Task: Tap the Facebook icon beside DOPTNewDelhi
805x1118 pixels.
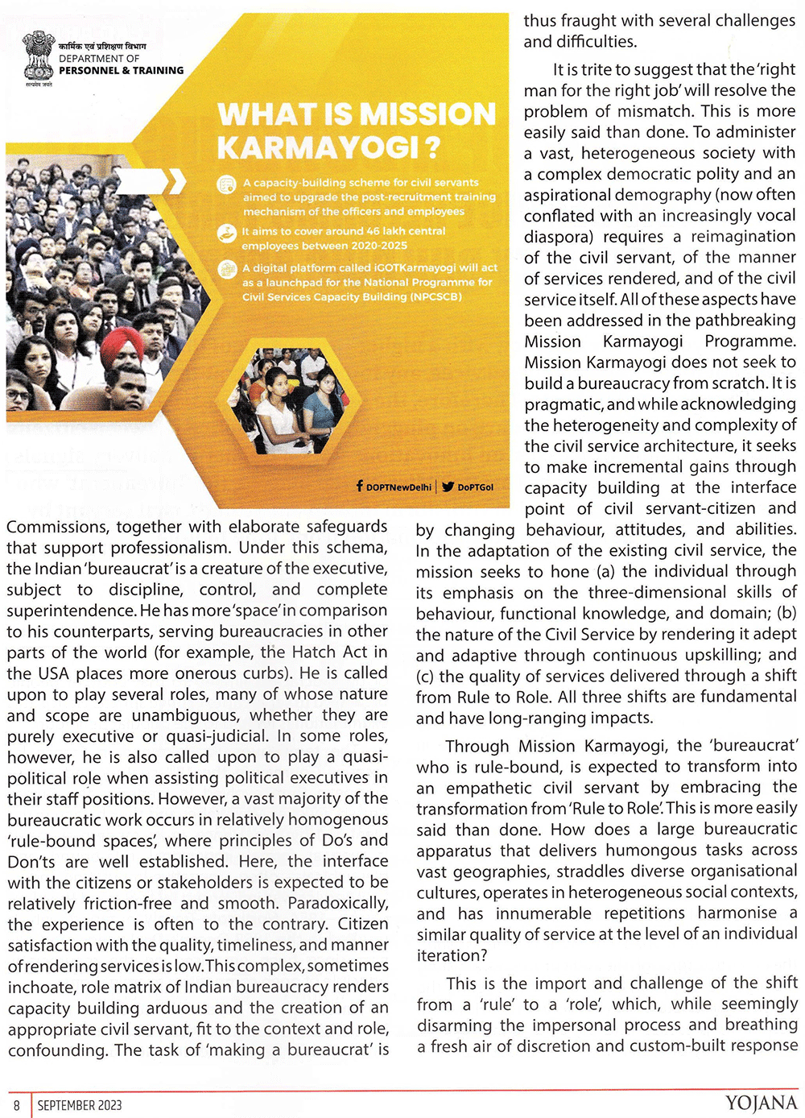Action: pyautogui.click(x=359, y=487)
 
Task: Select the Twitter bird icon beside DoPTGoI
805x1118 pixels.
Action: pyautogui.click(x=448, y=487)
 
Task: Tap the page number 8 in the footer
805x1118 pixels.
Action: pyautogui.click(x=16, y=1105)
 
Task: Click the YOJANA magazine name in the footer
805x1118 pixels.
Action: pyautogui.click(x=761, y=1104)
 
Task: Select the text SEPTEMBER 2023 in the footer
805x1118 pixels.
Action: pyautogui.click(x=80, y=1105)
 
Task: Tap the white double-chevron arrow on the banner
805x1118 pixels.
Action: pyautogui.click(x=175, y=182)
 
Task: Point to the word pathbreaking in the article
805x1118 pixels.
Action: pyautogui.click(x=745, y=321)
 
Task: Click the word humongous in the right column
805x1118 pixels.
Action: pyautogui.click(x=651, y=850)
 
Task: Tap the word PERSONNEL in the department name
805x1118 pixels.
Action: pyautogui.click(x=88, y=70)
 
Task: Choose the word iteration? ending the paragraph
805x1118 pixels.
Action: pyautogui.click(x=452, y=955)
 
